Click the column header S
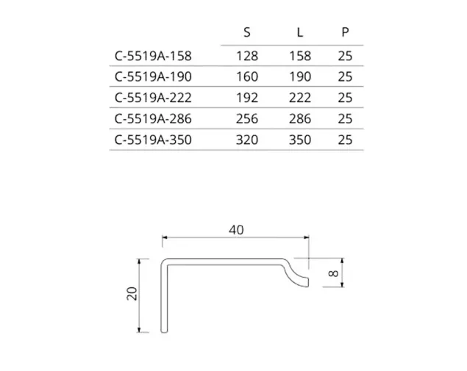tap(247, 32)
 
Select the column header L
tap(300, 32)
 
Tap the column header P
tap(345, 32)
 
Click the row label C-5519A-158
tap(153, 56)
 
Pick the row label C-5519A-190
tap(153, 76)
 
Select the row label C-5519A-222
tap(153, 98)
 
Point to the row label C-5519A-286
tap(153, 119)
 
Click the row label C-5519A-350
tap(153, 140)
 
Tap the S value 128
tap(247, 56)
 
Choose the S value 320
tap(247, 140)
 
